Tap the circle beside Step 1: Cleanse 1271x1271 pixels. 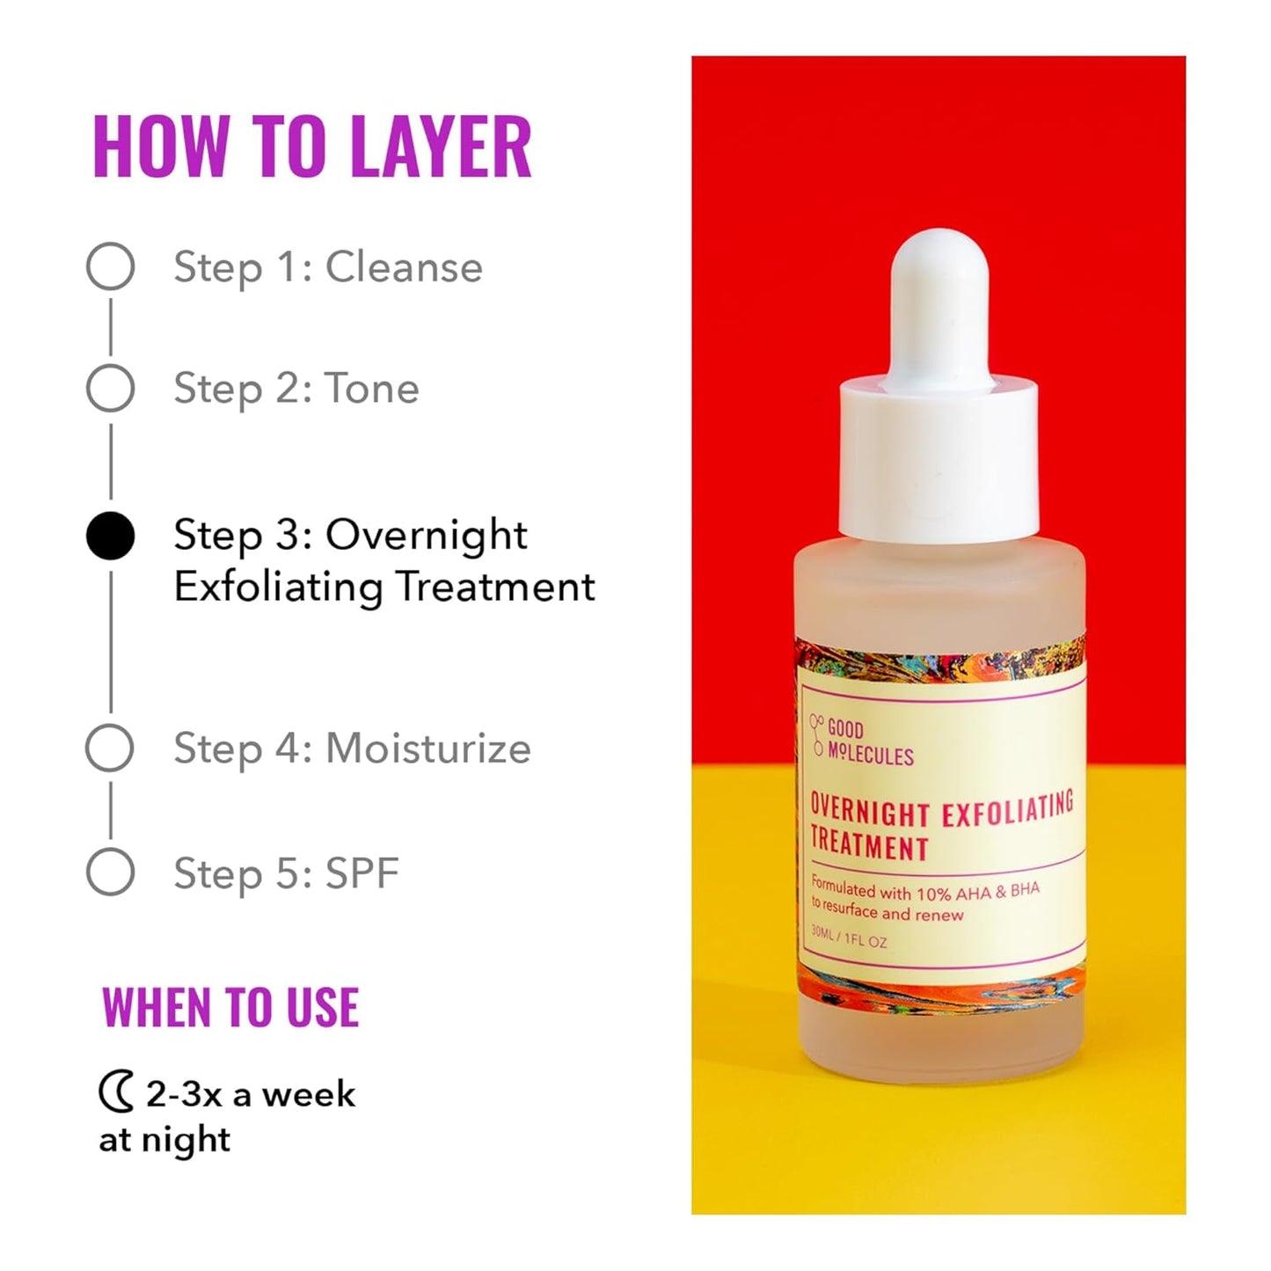coord(110,267)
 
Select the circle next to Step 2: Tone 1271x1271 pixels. coord(110,388)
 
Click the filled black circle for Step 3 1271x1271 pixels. coord(110,536)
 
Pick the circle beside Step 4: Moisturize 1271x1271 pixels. coord(110,749)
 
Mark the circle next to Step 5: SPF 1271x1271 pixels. coord(110,873)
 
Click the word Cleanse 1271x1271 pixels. coord(404,267)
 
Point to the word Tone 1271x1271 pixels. coord(371,388)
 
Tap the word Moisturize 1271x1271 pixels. coord(427,749)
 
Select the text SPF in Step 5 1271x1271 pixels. coord(362,873)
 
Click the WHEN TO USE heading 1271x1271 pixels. coord(230,1008)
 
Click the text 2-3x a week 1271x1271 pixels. coord(250,1094)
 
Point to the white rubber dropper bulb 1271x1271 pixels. coord(939,299)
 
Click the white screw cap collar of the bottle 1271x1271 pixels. coord(939,457)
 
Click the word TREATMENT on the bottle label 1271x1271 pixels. coord(869,846)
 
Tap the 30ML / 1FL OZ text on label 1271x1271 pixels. coord(849,939)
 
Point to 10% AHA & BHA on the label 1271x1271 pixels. coord(977,892)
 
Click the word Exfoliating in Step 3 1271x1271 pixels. coord(279,587)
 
